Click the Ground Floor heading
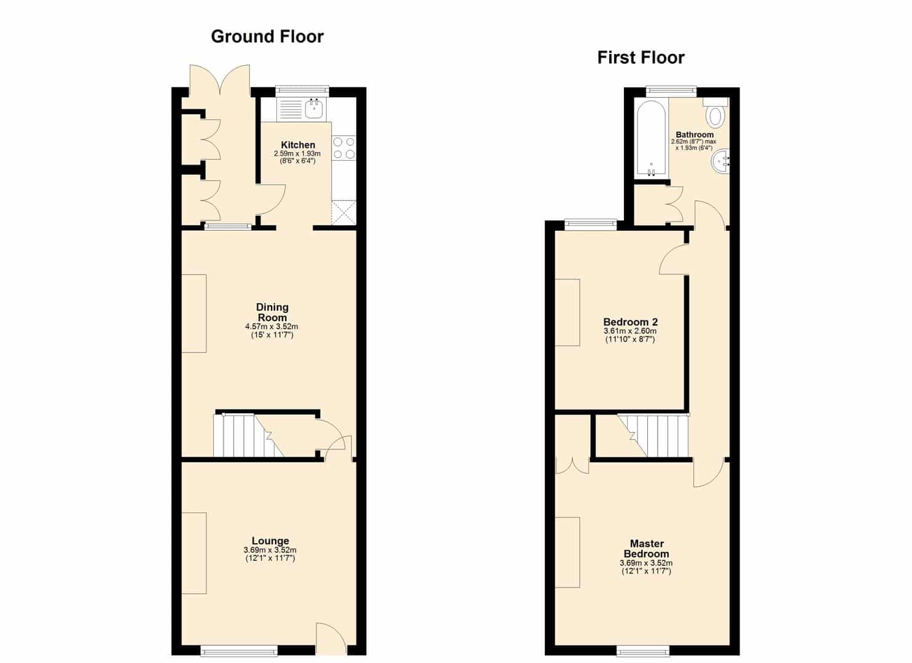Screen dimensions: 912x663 (267, 37)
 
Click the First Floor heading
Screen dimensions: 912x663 (641, 58)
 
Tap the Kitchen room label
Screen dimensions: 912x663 (298, 145)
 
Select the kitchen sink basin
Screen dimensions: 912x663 (314, 108)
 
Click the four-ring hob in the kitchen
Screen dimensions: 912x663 (344, 148)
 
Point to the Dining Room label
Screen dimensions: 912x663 (272, 312)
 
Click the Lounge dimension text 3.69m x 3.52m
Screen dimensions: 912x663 (270, 550)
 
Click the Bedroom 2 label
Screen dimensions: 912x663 (630, 322)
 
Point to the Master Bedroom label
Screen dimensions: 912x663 (646, 549)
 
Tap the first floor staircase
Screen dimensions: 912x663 (653, 435)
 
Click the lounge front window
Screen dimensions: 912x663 (239, 651)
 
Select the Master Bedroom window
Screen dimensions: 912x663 (643, 651)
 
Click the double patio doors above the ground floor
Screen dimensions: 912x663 (220, 82)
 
